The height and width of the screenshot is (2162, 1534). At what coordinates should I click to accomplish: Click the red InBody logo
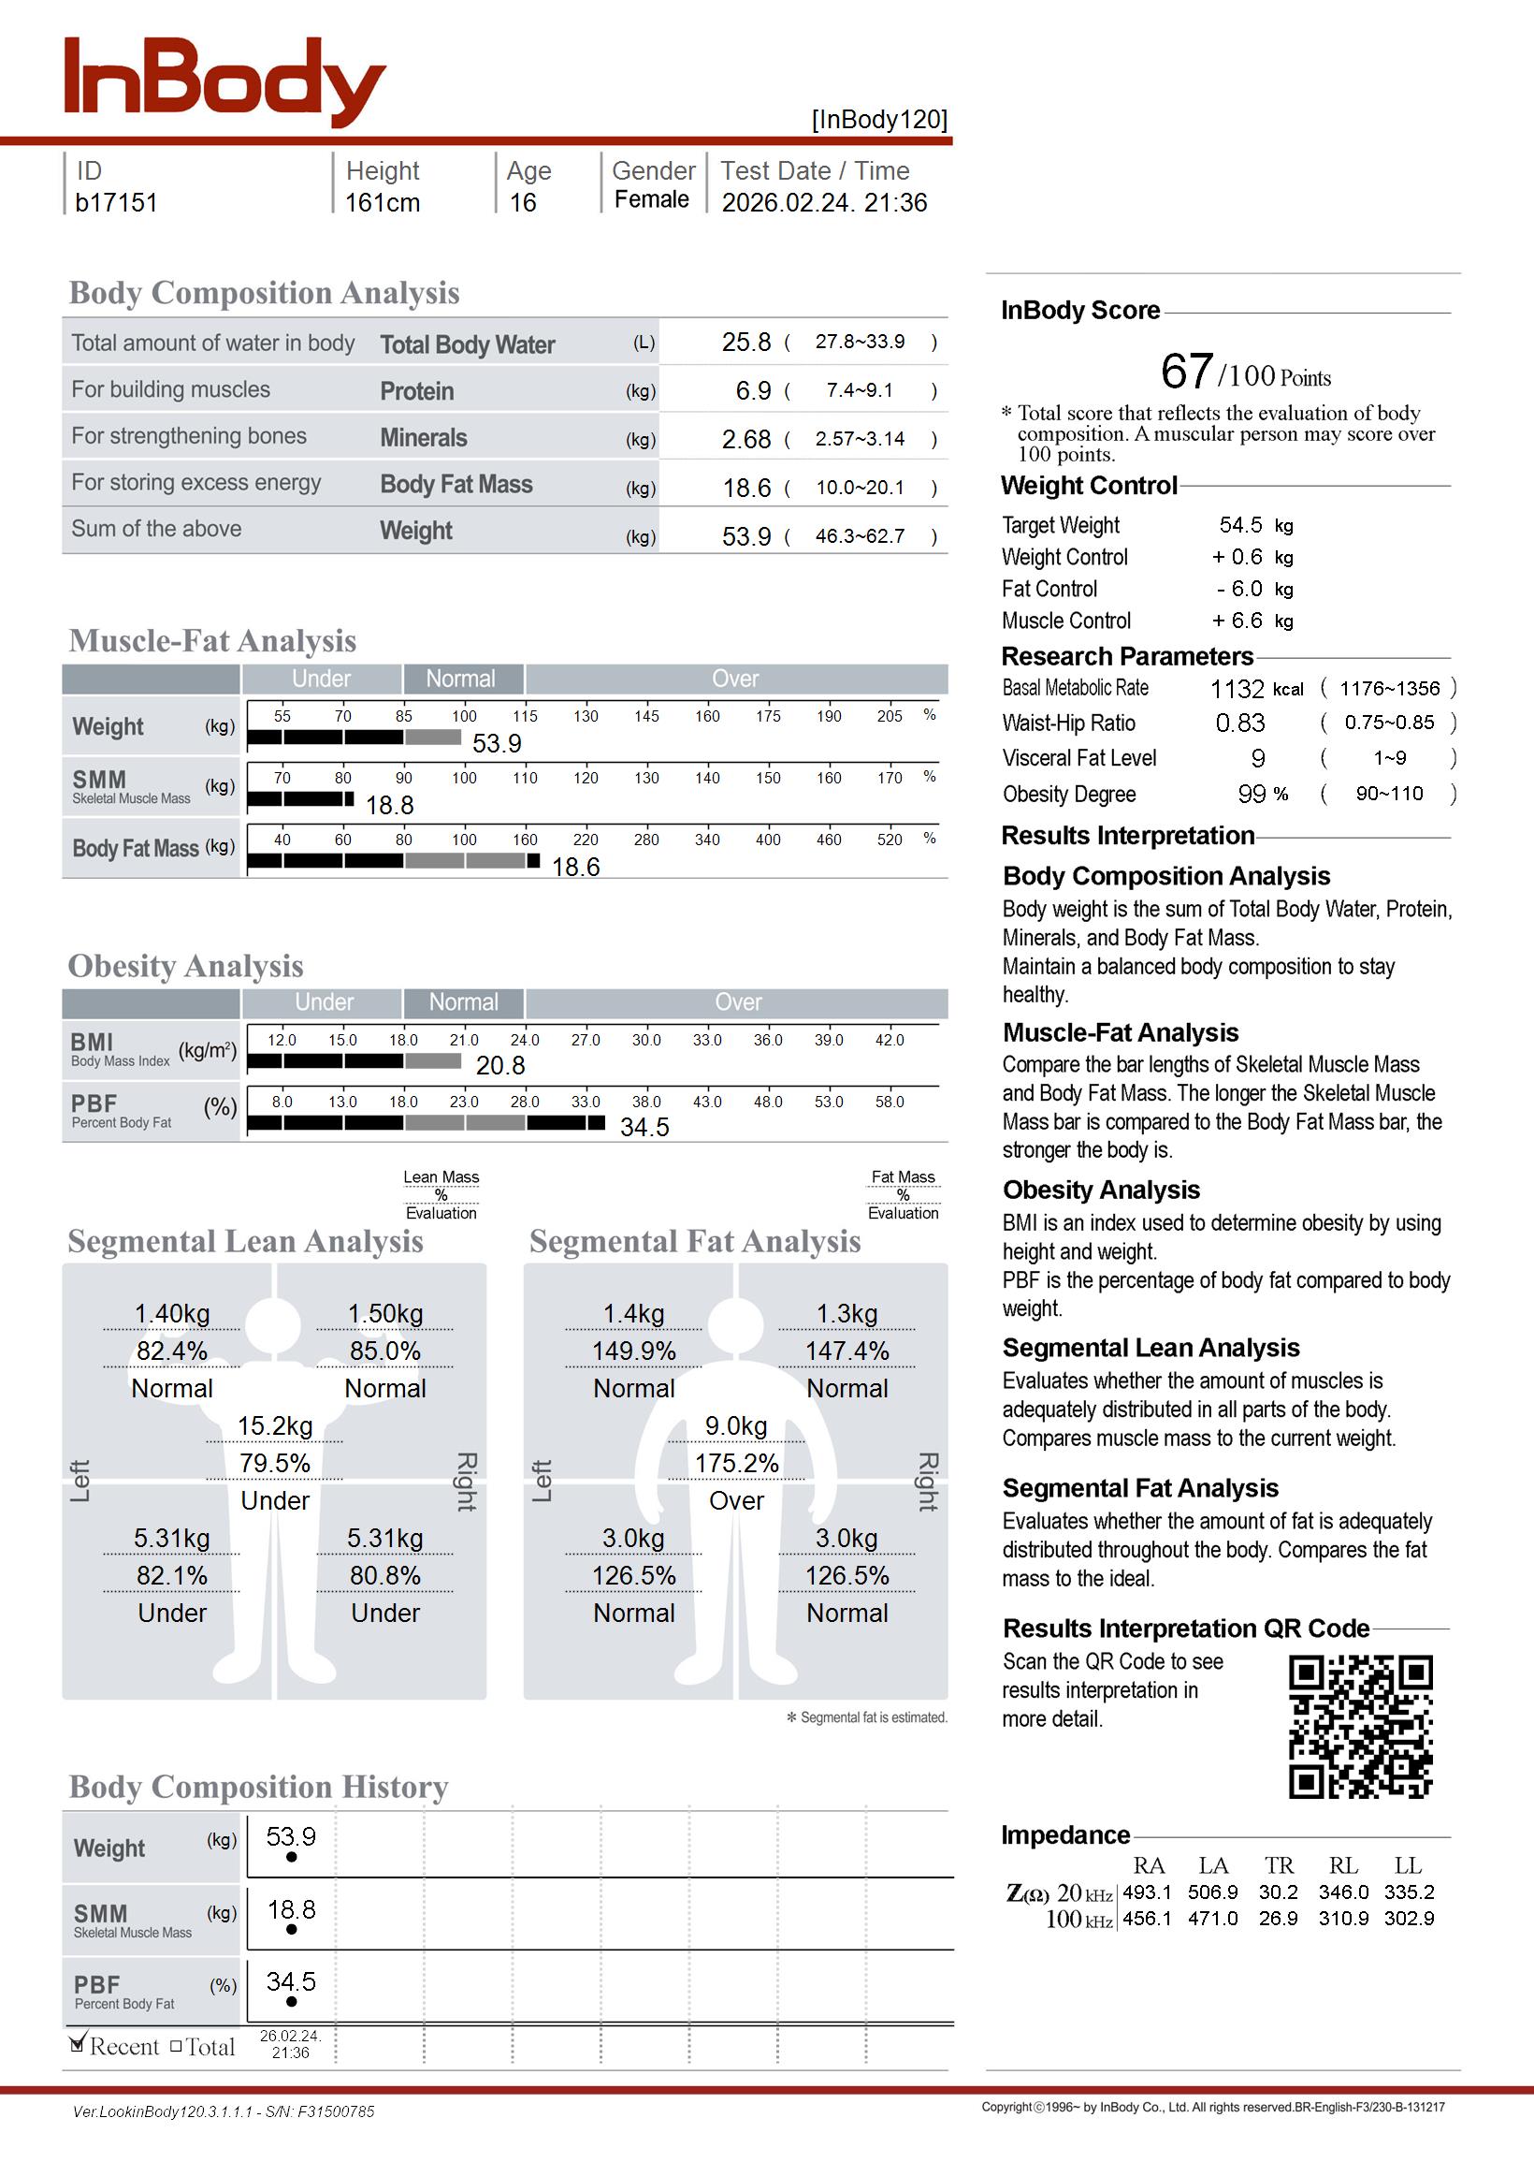224,81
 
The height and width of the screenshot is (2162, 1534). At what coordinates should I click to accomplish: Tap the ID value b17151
116,203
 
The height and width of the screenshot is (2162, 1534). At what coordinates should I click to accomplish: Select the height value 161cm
382,203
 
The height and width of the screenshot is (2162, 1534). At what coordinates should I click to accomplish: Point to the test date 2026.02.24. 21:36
824,203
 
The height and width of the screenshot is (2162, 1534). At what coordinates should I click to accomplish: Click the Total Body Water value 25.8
745,342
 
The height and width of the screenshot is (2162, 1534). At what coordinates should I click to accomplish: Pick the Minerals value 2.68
745,439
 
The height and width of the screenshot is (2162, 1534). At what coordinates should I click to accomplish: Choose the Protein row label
416,391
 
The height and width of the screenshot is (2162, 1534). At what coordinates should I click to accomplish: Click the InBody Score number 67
1185,372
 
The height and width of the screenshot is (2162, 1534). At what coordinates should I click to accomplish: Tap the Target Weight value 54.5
1239,525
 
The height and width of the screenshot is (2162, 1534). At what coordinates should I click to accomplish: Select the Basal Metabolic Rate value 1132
1237,689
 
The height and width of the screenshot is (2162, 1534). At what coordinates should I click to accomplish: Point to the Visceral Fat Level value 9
1257,759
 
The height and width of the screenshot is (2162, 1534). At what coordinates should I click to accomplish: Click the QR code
1360,1726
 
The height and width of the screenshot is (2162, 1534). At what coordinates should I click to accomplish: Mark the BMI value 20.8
499,1066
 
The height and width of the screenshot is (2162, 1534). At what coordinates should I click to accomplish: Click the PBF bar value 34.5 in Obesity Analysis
644,1127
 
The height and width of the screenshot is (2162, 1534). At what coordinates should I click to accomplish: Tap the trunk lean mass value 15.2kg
275,1426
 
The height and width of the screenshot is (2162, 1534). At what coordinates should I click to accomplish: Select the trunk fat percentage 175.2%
737,1464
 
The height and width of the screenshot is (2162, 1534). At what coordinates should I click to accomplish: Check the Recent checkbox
79,2046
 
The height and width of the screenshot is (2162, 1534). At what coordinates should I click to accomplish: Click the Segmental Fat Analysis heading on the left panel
694,1242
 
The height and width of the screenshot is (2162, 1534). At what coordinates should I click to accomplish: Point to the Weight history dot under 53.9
291,1857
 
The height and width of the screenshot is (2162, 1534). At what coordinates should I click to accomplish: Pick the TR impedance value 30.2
1278,1892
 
